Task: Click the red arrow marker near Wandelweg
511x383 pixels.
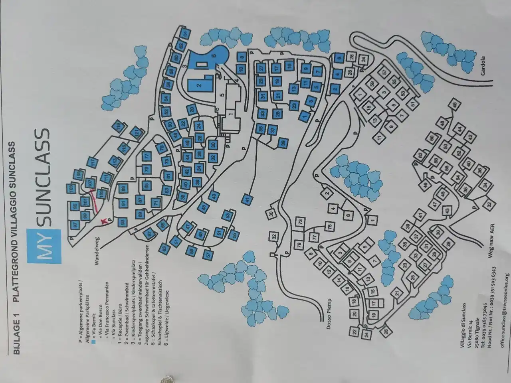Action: pos(105,221)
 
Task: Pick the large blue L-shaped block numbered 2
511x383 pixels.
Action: pos(198,85)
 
